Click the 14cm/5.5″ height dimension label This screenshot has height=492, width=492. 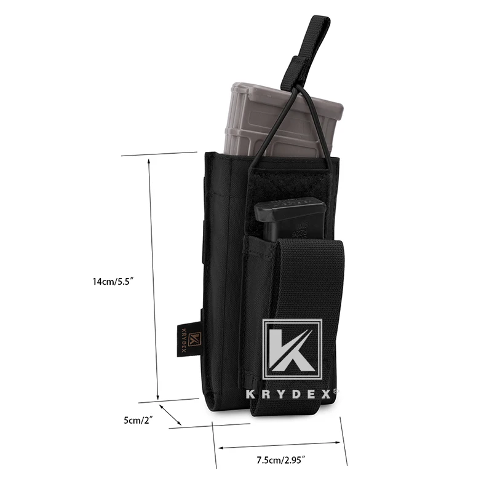click(113, 281)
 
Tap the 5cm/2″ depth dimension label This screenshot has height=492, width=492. click(138, 420)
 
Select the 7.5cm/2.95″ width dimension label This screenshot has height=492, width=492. click(281, 460)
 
